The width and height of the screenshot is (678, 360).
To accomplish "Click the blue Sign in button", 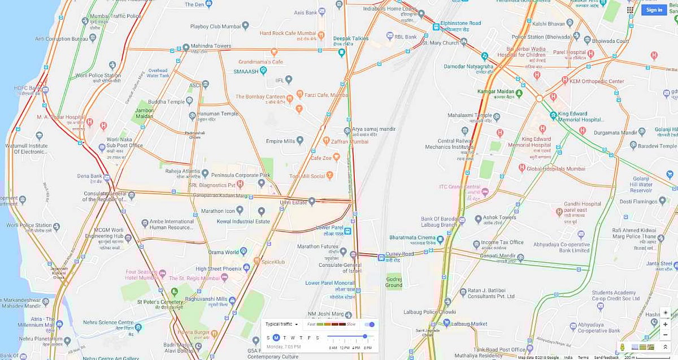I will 654,10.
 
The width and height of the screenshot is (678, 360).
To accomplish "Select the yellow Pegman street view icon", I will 622,346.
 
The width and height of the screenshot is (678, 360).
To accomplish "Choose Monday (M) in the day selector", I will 276,338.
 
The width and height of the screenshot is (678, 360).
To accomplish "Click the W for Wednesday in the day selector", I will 293,338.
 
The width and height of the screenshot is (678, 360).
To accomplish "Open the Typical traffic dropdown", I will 281,324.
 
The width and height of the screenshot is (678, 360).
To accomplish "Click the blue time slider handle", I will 365,336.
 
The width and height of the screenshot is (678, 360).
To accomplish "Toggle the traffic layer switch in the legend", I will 370,324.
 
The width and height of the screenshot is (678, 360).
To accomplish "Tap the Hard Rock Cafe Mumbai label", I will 288,33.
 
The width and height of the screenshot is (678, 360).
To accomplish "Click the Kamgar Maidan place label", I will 494,92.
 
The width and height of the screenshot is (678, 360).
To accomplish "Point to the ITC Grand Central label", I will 460,187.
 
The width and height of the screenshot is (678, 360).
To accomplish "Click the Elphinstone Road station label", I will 460,24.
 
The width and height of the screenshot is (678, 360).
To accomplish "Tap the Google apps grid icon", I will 630,10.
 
